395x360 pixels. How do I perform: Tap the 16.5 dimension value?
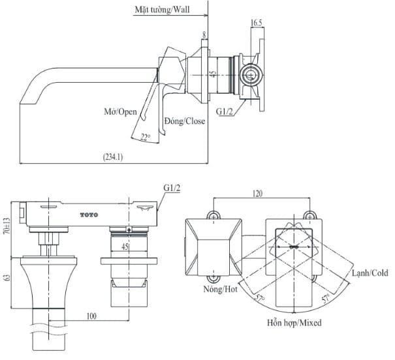click(257, 23)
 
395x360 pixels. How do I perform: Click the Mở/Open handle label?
click(120, 112)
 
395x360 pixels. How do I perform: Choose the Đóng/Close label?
click(185, 121)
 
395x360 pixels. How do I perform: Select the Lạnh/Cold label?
click(370, 273)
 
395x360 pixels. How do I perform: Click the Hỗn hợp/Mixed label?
click(293, 322)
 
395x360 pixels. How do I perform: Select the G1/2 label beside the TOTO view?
click(172, 188)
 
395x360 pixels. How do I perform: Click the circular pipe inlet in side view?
click(249, 75)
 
